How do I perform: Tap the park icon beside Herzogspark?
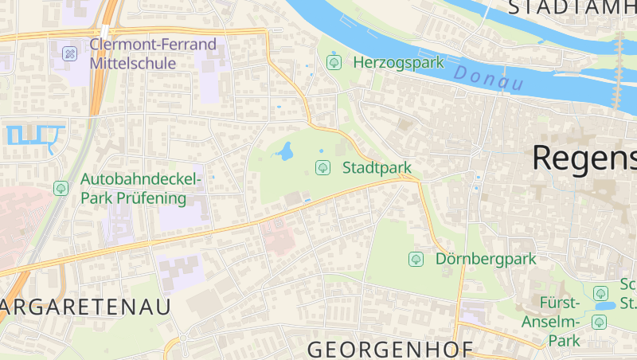(x=334, y=61)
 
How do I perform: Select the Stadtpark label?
(x=377, y=168)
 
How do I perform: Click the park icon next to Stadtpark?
(x=322, y=167)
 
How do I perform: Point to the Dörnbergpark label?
(x=486, y=259)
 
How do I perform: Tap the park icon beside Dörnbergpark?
(x=415, y=259)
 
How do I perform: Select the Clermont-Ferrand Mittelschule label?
(x=153, y=53)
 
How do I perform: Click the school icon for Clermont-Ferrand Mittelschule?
(x=70, y=54)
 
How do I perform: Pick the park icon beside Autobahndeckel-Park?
(x=61, y=189)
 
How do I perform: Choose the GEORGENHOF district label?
(x=390, y=349)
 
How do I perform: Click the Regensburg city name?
(x=584, y=158)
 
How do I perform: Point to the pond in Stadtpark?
(x=284, y=150)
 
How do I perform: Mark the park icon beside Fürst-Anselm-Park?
(x=599, y=322)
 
